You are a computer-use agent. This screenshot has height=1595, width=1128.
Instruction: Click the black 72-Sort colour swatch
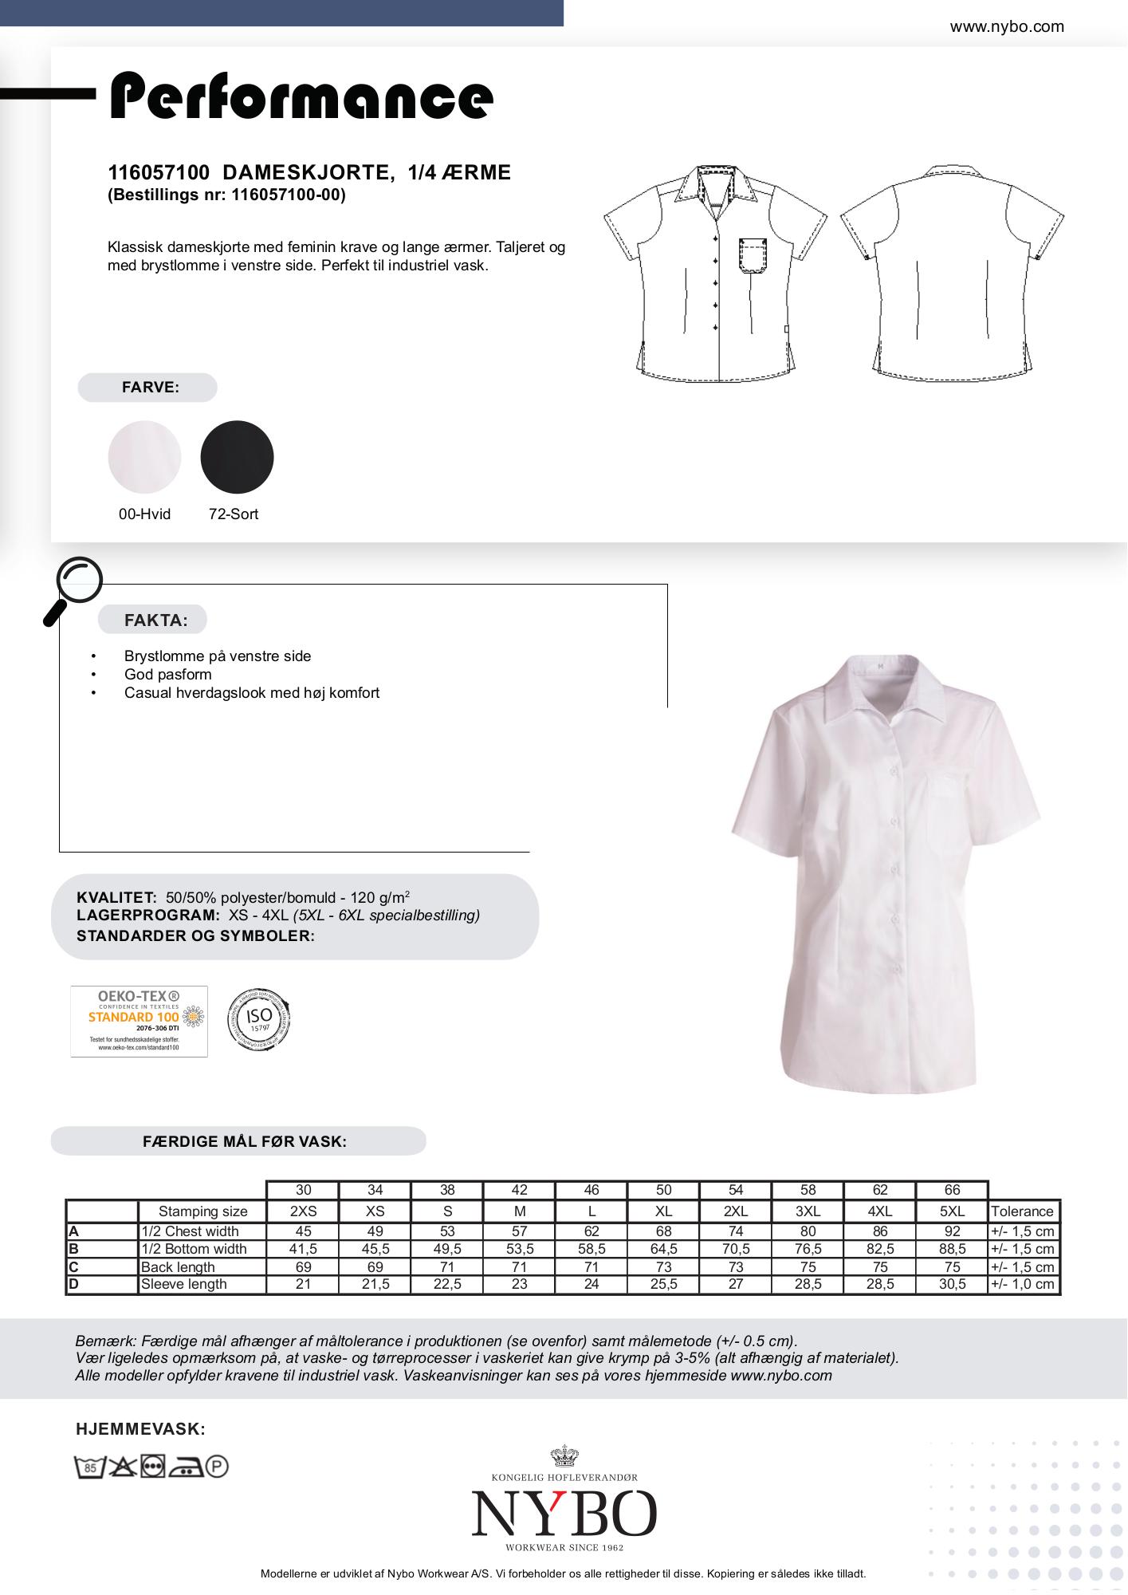237,457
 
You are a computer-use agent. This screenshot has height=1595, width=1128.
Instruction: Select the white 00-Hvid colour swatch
144,457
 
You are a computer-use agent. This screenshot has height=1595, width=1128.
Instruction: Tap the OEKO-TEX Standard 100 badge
139,1022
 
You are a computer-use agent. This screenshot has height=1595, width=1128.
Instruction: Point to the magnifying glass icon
74,588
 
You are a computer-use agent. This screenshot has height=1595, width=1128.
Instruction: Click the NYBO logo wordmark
564,1514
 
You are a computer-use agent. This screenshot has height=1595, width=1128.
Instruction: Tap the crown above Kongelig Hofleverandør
564,1457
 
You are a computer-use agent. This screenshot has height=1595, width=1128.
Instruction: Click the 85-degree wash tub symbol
90,1467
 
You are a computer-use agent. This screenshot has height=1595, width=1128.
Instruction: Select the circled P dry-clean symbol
217,1467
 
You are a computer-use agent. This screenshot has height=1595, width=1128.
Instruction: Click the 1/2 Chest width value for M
519,1231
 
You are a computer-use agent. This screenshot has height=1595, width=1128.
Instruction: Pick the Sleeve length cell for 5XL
952,1284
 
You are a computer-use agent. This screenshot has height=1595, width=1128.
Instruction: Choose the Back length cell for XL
663,1266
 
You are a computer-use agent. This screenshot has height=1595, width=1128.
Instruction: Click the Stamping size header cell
202,1211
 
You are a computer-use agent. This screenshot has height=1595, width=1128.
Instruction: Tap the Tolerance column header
1022,1211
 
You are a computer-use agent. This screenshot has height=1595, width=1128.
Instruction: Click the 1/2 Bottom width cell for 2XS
303,1249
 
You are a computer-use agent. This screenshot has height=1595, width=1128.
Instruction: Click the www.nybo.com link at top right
1006,26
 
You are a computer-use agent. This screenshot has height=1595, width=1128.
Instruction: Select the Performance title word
301,97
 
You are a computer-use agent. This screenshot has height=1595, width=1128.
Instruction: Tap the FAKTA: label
155,620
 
